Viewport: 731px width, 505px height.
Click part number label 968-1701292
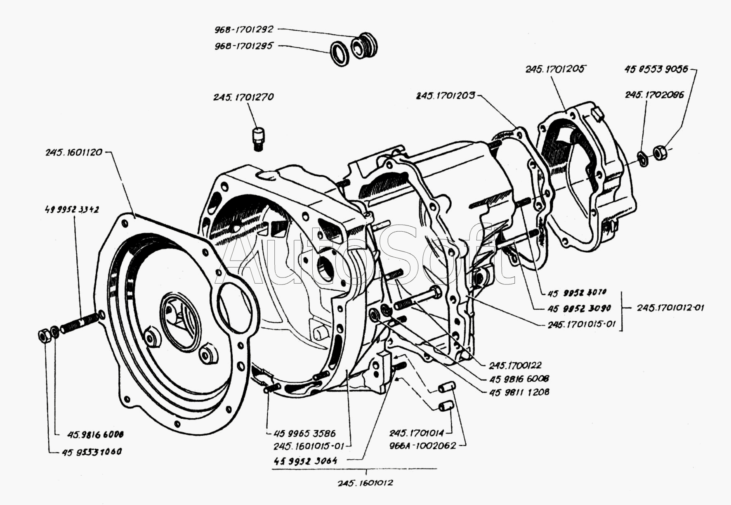[x=243, y=30]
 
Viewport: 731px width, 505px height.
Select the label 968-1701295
[x=243, y=46]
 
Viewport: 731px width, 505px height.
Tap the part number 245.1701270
[x=243, y=97]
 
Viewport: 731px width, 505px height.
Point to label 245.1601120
[x=74, y=152]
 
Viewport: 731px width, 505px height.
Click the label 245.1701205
[x=555, y=69]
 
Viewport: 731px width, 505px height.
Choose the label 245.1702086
[x=654, y=95]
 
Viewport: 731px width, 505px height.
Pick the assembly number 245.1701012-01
[x=670, y=308]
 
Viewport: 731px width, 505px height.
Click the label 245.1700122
[x=515, y=365]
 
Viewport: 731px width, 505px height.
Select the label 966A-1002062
[x=422, y=446]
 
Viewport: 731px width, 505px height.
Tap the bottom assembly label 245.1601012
[x=365, y=483]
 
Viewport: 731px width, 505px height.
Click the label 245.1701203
[x=446, y=96]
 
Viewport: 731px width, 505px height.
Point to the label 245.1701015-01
[x=581, y=325]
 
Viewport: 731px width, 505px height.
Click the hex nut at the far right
[x=659, y=152]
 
